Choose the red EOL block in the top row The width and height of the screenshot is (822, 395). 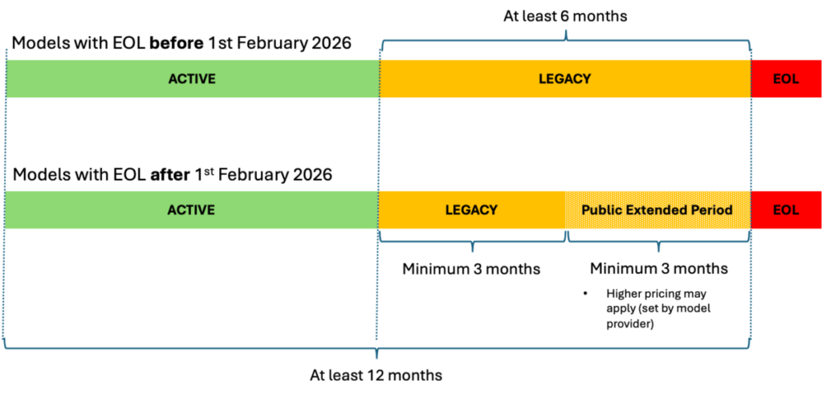coord(786,79)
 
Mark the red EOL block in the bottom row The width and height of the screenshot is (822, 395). coord(786,210)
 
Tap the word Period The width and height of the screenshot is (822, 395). coord(713,210)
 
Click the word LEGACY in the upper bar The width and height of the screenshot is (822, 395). coord(564,79)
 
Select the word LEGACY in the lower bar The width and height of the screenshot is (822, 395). coord(471,210)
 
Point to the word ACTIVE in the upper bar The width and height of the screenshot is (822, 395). coord(192,79)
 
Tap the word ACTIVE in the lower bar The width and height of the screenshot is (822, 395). coord(191,210)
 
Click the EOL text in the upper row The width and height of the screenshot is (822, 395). coord(786,79)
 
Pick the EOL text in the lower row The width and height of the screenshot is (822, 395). coord(786,210)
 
